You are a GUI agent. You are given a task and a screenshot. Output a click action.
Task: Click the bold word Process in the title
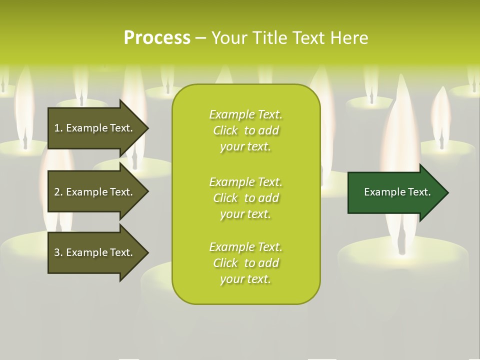pyautogui.click(x=157, y=38)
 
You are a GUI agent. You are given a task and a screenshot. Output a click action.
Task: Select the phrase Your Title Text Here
pyautogui.click(x=289, y=38)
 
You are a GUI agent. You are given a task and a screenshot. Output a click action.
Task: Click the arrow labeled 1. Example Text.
pyautogui.click(x=95, y=128)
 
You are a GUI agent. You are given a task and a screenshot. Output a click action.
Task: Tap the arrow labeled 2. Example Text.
pyautogui.click(x=95, y=192)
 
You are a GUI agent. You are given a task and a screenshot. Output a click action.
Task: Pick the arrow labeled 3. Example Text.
pyautogui.click(x=95, y=252)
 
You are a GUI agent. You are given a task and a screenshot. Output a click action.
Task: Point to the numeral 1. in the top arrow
pyautogui.click(x=58, y=128)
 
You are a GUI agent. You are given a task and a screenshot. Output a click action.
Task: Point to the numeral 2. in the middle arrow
pyautogui.click(x=58, y=192)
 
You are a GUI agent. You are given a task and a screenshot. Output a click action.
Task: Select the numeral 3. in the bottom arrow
pyautogui.click(x=58, y=252)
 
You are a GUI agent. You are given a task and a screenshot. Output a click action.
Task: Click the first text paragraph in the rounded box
pyautogui.click(x=245, y=130)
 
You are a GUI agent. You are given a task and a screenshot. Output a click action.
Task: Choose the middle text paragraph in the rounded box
pyautogui.click(x=245, y=198)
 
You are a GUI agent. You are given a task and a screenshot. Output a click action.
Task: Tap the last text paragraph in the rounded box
pyautogui.click(x=245, y=263)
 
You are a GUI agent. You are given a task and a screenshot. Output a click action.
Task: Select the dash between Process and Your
pyautogui.click(x=200, y=38)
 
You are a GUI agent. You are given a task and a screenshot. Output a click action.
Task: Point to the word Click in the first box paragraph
pyautogui.click(x=225, y=130)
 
